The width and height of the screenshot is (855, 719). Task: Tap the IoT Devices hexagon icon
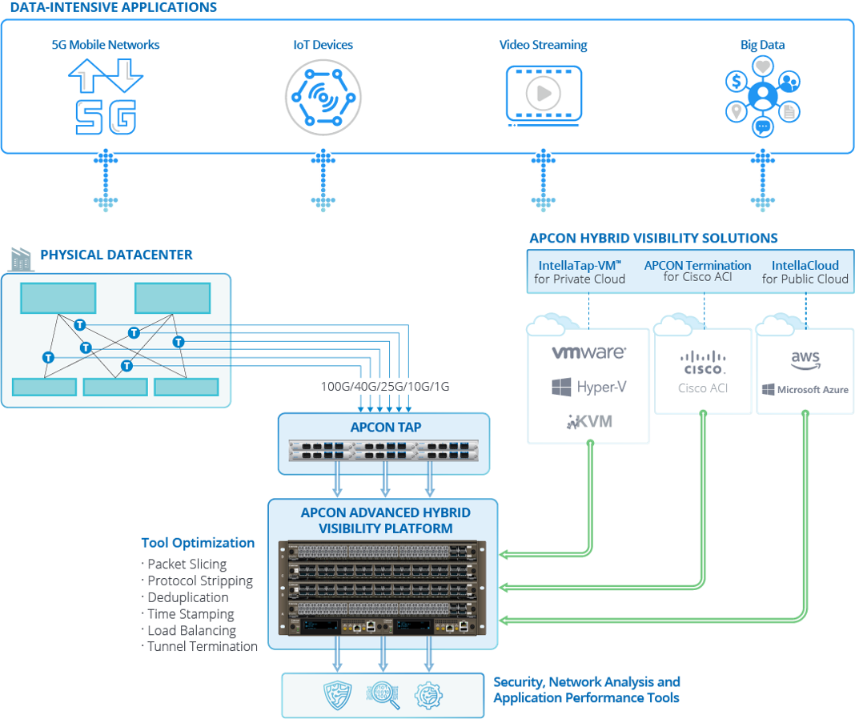(x=323, y=97)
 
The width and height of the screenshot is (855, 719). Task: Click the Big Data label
(x=762, y=46)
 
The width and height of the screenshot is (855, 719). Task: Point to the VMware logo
(x=588, y=351)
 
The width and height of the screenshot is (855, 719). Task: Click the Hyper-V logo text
(x=588, y=388)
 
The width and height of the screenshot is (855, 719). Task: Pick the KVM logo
(x=589, y=420)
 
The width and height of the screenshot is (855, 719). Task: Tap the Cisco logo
(x=704, y=363)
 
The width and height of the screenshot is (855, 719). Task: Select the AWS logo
(x=805, y=360)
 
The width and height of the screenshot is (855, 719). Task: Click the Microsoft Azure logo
(x=805, y=390)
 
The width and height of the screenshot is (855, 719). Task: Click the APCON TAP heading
(x=385, y=428)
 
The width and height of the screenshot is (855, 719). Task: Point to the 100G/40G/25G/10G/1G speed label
(x=385, y=388)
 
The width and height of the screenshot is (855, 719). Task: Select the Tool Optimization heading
(x=198, y=543)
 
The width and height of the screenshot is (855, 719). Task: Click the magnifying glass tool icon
(x=383, y=695)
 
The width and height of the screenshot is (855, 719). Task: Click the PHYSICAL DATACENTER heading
(x=117, y=255)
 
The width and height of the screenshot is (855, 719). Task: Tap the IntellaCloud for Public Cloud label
(x=805, y=272)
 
